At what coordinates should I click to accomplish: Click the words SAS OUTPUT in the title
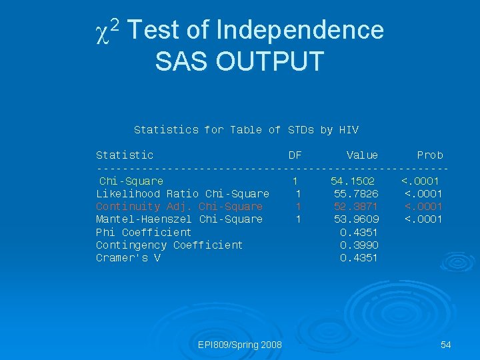[x=239, y=61]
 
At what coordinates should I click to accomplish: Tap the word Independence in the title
[x=300, y=30]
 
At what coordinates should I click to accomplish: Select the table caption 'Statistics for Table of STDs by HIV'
[x=246, y=130]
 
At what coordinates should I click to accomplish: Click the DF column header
[x=295, y=155]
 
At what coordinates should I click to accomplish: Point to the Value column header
[x=362, y=155]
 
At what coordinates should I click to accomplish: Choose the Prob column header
[x=430, y=155]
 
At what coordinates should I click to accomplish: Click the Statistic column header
[x=125, y=155]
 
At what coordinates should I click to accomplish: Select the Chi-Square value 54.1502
[x=353, y=181]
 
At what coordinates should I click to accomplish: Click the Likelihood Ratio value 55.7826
[x=356, y=194]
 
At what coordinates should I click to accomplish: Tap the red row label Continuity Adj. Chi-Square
[x=179, y=207]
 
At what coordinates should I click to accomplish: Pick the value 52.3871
[x=356, y=207]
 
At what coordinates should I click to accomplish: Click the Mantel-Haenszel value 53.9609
[x=356, y=219]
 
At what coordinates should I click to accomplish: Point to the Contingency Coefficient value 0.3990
[x=359, y=245]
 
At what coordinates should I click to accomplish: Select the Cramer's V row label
[x=128, y=258]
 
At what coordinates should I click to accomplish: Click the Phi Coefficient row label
[x=143, y=233]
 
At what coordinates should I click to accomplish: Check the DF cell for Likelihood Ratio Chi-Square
[x=299, y=194]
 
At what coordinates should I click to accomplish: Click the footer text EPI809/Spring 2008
[x=240, y=345]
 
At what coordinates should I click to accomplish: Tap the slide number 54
[x=446, y=345]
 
